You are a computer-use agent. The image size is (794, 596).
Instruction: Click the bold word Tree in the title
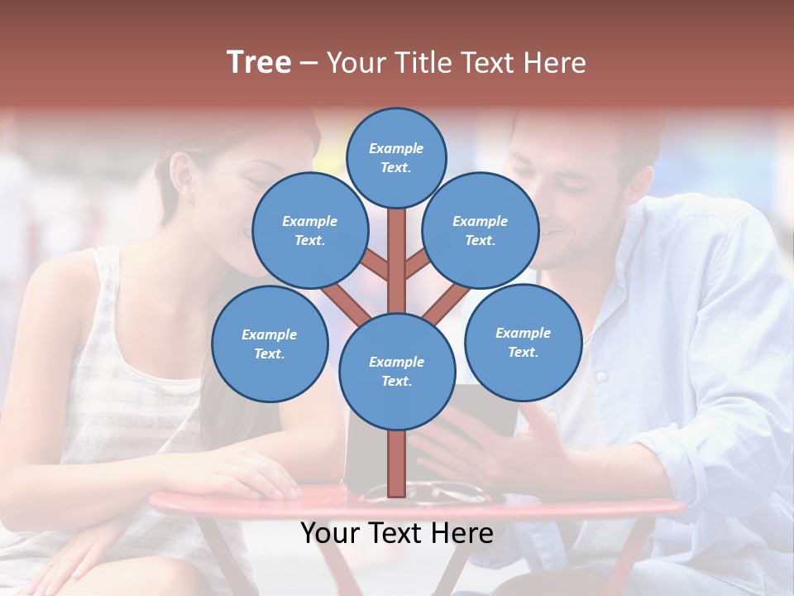click(x=259, y=62)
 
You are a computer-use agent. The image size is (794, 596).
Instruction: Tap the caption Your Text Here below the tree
click(x=396, y=533)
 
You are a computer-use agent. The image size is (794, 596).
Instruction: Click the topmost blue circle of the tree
click(x=396, y=157)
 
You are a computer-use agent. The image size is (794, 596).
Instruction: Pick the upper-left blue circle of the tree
click(x=309, y=231)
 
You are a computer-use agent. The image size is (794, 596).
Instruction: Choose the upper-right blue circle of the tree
click(x=481, y=231)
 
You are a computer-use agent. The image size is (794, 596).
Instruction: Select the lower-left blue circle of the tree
click(x=270, y=344)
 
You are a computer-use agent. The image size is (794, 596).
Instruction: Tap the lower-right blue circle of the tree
click(x=523, y=342)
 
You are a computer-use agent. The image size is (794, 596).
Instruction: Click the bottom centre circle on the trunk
click(x=397, y=372)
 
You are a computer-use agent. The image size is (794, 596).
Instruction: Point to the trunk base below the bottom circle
click(x=397, y=464)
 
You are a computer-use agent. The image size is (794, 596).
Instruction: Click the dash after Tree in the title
click(x=309, y=63)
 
